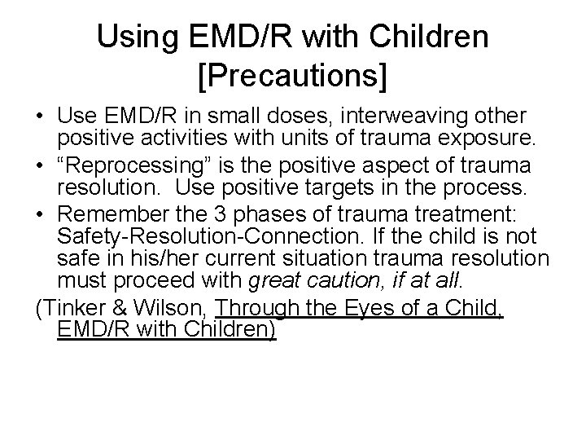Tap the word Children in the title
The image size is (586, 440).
tap(416, 37)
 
